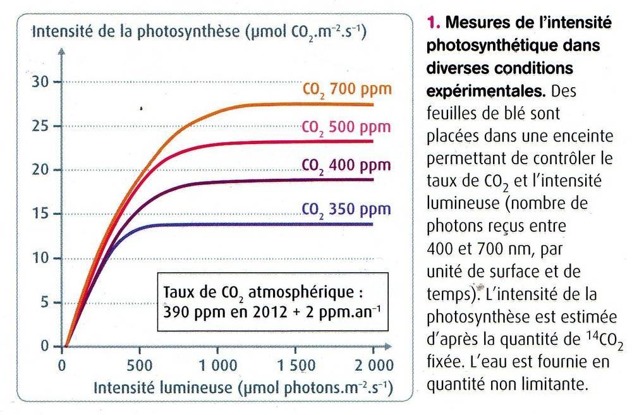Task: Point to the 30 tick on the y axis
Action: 42,82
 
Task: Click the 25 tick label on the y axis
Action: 42,126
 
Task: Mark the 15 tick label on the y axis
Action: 42,214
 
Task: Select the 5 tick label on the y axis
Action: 46,302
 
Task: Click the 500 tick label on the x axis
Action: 140,364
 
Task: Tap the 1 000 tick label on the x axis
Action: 217,364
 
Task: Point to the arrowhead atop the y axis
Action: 61,50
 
